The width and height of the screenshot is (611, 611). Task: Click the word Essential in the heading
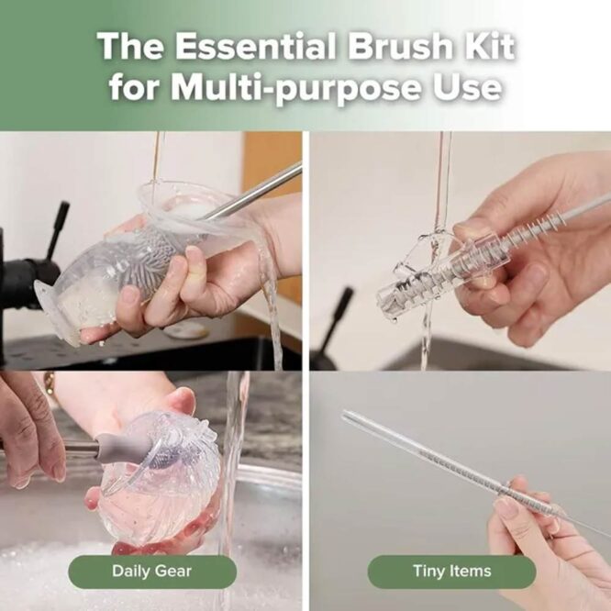(x=252, y=47)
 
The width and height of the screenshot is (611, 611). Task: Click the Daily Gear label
(x=151, y=571)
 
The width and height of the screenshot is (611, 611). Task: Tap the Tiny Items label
(x=451, y=571)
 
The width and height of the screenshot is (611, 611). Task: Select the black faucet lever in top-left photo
(x=57, y=225)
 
